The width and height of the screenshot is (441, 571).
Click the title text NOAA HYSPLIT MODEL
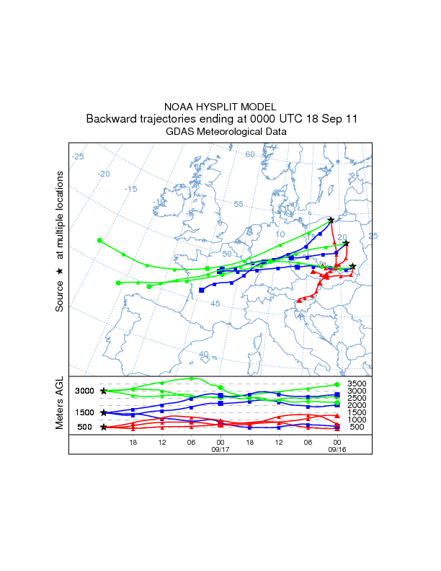point(220,106)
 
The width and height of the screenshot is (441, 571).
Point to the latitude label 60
point(250,154)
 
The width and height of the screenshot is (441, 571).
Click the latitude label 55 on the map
point(239,204)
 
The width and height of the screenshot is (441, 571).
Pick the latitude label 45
point(215,304)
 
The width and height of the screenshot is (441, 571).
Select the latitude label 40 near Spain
point(204,354)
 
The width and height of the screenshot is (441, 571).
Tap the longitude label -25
point(78,156)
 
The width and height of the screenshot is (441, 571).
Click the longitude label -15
point(130,189)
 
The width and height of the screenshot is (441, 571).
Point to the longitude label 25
point(373,236)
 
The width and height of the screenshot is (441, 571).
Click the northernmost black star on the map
point(331,220)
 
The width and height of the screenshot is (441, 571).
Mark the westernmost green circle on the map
point(100,240)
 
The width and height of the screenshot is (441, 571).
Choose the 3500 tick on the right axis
point(357,384)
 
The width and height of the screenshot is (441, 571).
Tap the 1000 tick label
point(357,420)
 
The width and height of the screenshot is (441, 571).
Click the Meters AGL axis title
point(61,403)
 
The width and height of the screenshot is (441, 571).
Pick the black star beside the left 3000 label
point(104,391)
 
